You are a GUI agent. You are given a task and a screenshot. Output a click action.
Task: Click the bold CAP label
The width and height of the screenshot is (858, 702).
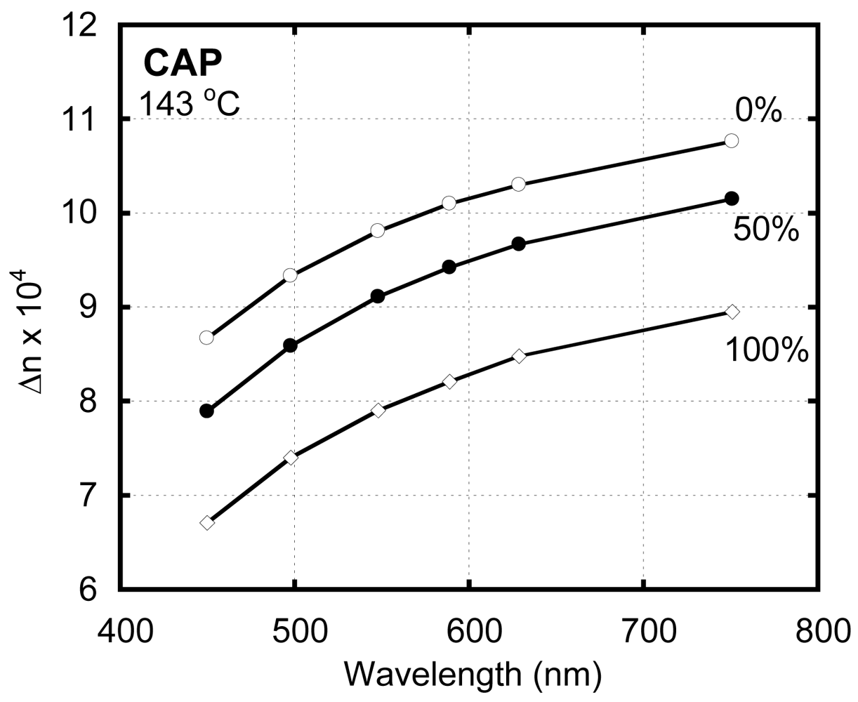pyautogui.click(x=183, y=64)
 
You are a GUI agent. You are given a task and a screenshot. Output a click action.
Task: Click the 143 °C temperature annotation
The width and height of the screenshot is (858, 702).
pyautogui.click(x=189, y=106)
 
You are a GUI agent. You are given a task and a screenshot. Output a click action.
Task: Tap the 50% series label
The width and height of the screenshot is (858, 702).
pyautogui.click(x=766, y=229)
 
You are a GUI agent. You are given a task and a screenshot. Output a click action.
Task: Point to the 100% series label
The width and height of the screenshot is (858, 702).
pyautogui.click(x=766, y=350)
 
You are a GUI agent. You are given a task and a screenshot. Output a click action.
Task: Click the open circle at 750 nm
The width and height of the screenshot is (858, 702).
pyautogui.click(x=732, y=140)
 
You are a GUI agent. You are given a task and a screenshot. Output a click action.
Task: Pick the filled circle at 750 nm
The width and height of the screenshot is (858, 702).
pyautogui.click(x=732, y=199)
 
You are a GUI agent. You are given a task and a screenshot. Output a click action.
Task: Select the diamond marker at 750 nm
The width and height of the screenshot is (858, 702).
pyautogui.click(x=732, y=312)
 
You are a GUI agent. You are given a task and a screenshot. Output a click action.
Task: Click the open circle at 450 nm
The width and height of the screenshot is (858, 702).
pyautogui.click(x=206, y=338)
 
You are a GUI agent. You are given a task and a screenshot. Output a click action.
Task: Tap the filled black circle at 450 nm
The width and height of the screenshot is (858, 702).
pyautogui.click(x=206, y=411)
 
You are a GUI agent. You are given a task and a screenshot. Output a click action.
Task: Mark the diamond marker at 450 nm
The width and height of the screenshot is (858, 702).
pyautogui.click(x=206, y=523)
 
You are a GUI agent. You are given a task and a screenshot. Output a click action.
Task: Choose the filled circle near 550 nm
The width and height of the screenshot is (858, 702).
pyautogui.click(x=378, y=296)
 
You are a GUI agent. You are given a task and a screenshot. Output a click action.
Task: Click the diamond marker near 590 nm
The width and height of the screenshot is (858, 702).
pyautogui.click(x=449, y=381)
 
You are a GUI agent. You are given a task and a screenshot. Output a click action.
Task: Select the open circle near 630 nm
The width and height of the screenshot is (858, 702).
pyautogui.click(x=518, y=184)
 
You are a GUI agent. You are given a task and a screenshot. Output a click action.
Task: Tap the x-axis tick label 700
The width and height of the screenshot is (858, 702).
pyautogui.click(x=643, y=630)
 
